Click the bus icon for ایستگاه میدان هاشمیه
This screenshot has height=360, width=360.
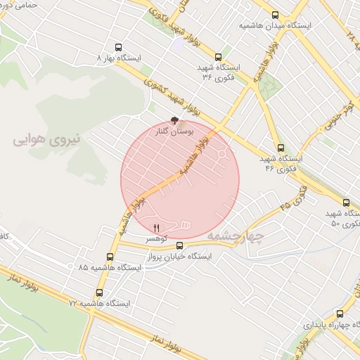pos(275,14)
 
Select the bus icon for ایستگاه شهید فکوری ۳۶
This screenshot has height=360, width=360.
pos(218,57)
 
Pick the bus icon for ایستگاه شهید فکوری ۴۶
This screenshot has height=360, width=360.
pos(281,148)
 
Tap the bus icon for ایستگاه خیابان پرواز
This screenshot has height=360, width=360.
pos(180,245)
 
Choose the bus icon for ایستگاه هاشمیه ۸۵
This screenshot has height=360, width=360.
pos(110,257)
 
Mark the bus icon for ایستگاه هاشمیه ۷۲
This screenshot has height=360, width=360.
pos(98,292)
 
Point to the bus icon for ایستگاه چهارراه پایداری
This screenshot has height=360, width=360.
pos(341,314)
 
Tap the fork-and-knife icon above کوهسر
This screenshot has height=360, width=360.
pos(156,227)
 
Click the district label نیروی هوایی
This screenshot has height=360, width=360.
pos(46,140)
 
